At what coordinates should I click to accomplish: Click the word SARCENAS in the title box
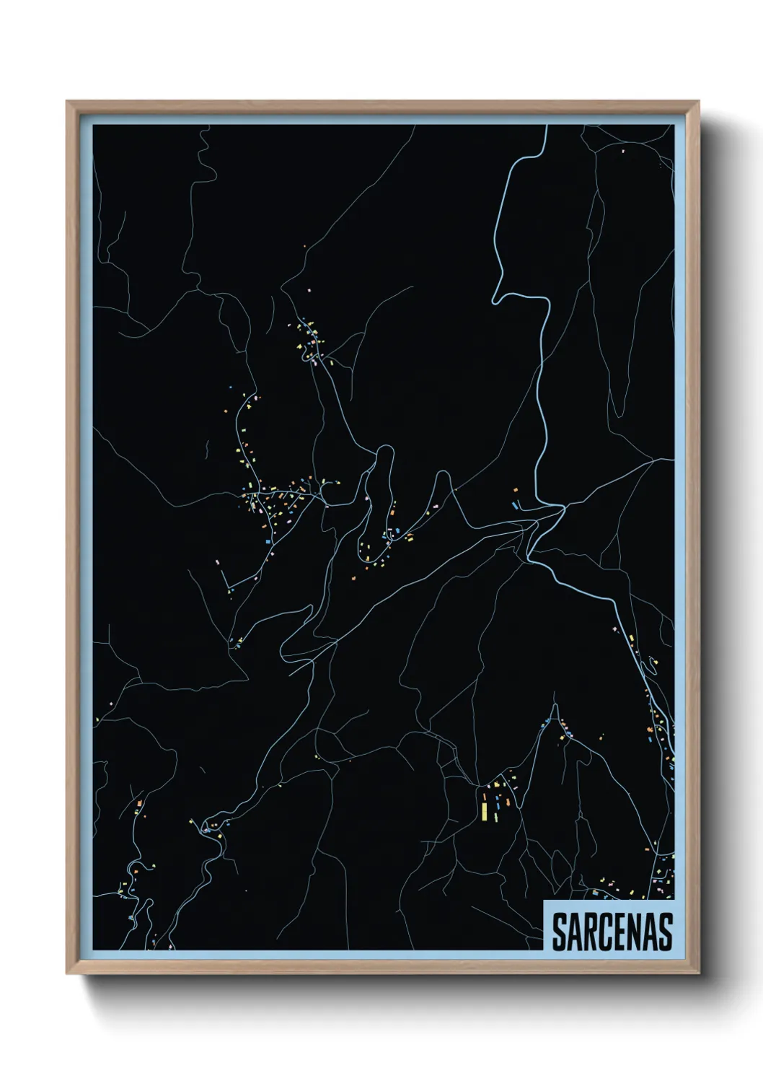click(612, 931)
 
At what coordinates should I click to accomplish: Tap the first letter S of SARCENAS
click(560, 931)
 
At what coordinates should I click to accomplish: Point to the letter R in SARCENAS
click(594, 931)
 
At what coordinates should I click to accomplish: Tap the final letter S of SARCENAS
click(666, 931)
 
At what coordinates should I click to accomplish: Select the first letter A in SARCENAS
click(577, 931)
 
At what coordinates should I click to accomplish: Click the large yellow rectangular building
click(485, 809)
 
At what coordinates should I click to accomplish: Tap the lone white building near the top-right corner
click(623, 151)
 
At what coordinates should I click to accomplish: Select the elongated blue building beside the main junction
click(516, 504)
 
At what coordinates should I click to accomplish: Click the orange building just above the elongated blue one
click(516, 491)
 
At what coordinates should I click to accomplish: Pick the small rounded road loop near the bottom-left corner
click(132, 866)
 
